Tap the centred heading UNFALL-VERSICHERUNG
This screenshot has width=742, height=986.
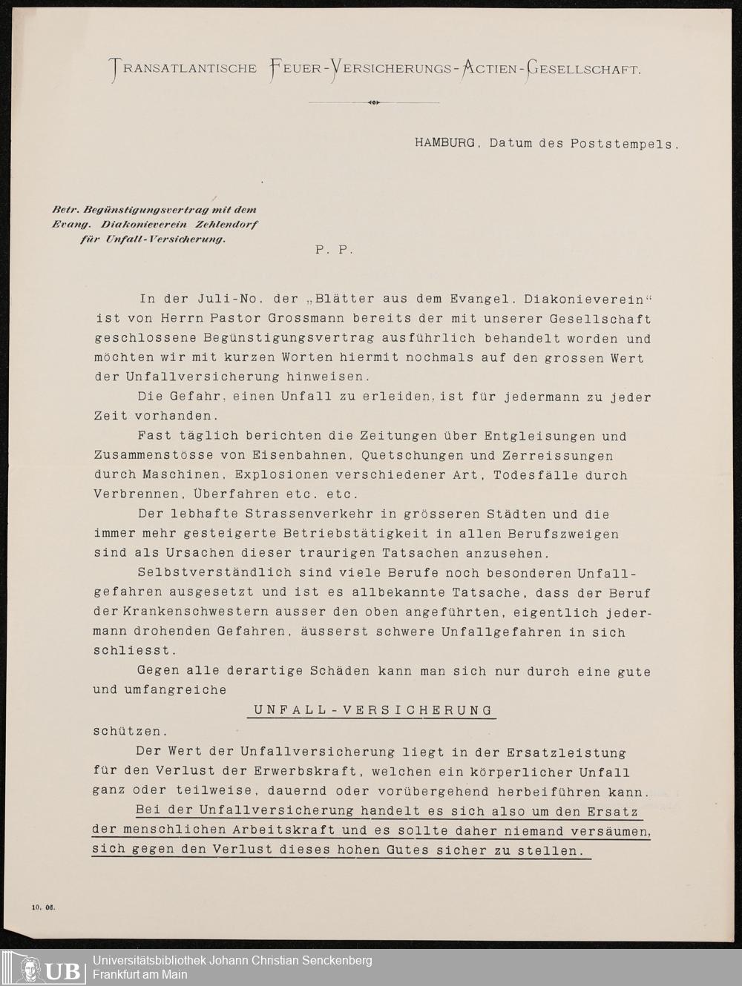[372, 710]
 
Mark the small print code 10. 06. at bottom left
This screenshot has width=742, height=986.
[45, 906]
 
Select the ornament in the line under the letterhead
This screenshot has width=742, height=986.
[373, 102]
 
